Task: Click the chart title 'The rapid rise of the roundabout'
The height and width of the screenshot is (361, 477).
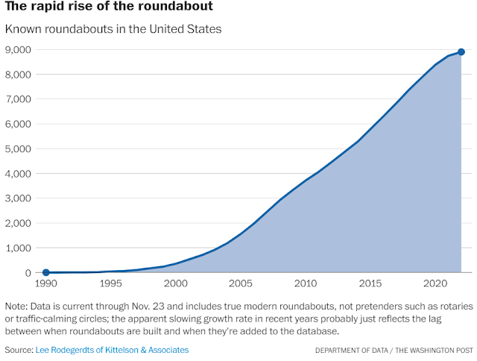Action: (x=109, y=8)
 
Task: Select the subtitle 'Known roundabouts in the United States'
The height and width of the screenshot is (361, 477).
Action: (x=113, y=30)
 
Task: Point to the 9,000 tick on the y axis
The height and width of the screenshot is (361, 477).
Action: (x=19, y=50)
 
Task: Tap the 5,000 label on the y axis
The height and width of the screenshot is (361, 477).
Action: (x=19, y=149)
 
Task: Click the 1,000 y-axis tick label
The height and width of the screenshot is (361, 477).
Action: (x=19, y=248)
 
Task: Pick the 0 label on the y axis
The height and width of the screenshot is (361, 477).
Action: (x=28, y=273)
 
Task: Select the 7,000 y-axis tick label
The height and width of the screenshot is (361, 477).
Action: (x=19, y=99)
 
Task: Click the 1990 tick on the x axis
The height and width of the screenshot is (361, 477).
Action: (x=45, y=284)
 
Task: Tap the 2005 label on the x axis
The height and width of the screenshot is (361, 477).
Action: (x=241, y=284)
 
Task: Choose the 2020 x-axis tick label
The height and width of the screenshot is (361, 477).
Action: (x=435, y=284)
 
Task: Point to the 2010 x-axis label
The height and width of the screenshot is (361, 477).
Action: (x=306, y=284)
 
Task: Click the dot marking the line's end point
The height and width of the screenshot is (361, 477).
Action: (x=461, y=52)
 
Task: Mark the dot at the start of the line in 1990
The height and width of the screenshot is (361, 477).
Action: (x=45, y=272)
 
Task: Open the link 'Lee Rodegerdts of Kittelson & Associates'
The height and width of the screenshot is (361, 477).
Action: (x=112, y=350)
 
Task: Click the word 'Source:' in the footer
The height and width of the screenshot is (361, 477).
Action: (x=19, y=350)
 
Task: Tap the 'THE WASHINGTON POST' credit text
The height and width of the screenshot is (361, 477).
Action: (x=434, y=351)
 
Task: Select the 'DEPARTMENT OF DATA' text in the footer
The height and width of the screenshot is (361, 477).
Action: (x=350, y=351)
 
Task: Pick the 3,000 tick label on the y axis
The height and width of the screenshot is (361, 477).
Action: (x=19, y=198)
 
